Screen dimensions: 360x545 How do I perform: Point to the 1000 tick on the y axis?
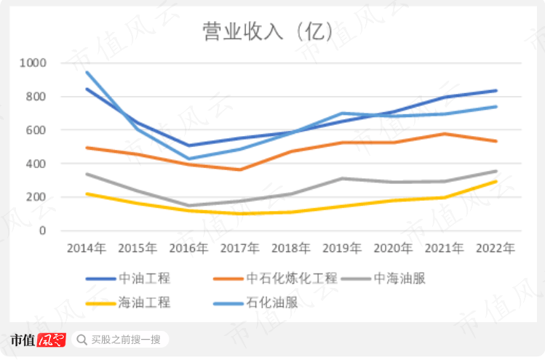pos(33,63)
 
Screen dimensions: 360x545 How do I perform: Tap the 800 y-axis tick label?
pos(36,97)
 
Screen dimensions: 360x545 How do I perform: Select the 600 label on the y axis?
pos(36,130)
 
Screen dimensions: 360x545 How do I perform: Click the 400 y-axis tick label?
pos(36,164)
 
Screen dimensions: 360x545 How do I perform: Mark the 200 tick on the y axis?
pos(36,197)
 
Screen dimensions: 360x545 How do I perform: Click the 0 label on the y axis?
pos(43,231)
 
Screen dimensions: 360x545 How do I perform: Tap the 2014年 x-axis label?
pos(87,249)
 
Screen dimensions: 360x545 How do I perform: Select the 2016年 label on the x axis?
pos(188,249)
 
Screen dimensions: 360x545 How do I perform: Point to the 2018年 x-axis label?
pos(291,249)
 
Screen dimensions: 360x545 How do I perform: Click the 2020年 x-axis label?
pos(393,249)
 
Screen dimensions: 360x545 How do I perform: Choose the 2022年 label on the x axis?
pos(496,249)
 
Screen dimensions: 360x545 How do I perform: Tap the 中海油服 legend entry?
pos(407,278)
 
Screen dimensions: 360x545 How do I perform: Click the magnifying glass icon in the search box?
pos(81,340)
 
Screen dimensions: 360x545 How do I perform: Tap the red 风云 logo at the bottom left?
pos(52,340)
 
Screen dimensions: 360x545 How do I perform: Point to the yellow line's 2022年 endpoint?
pos(496,181)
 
